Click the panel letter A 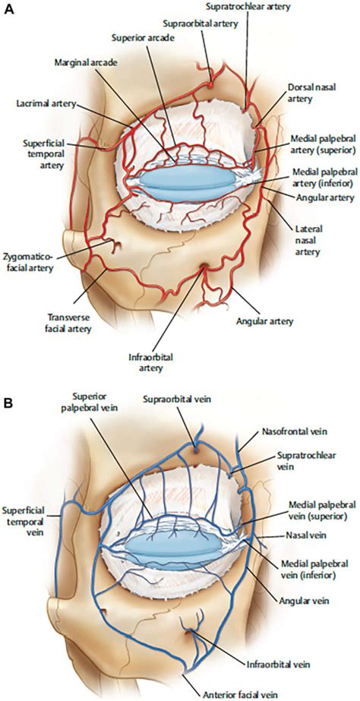pos(8,10)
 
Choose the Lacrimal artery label pos(46,104)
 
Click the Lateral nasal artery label pos(308,241)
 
